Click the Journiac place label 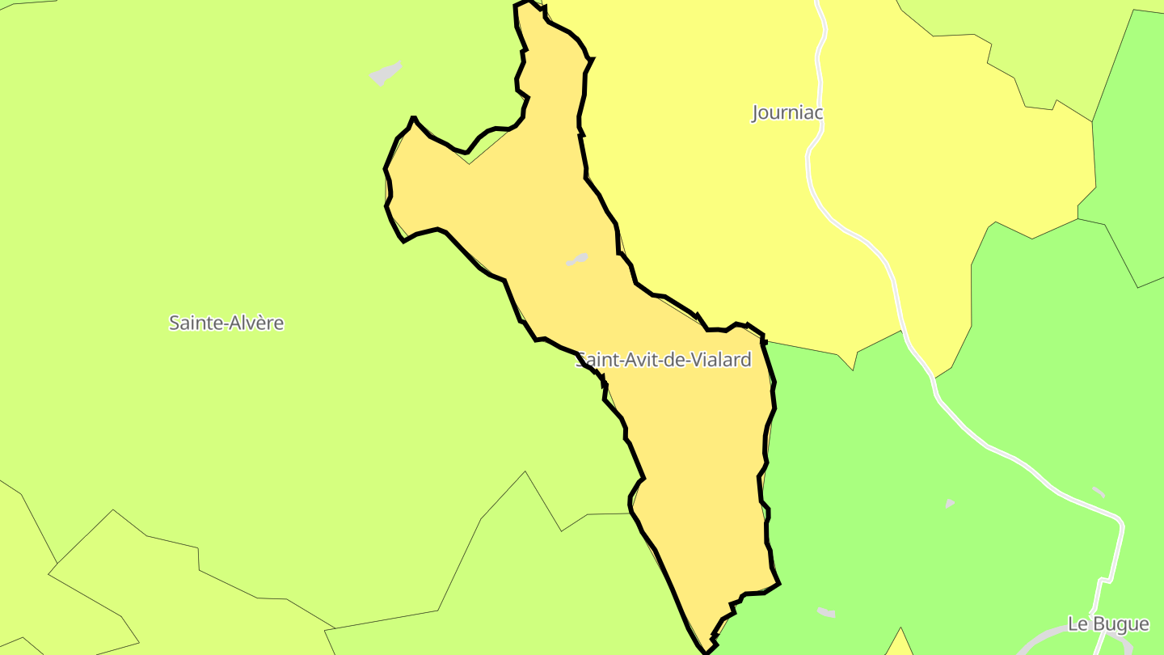click(787, 112)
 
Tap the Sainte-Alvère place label click(226, 323)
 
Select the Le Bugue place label click(1108, 624)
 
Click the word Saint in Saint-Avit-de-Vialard click(595, 360)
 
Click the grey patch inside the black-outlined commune click(577, 260)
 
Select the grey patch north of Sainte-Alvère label click(386, 74)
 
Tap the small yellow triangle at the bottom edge click(900, 644)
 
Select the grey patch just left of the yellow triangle click(826, 612)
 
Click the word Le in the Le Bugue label click(1078, 624)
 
